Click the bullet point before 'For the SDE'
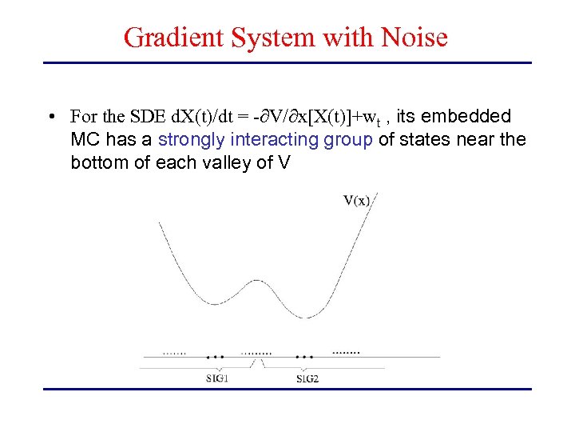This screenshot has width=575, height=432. coord(50,117)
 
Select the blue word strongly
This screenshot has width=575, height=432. coord(192,140)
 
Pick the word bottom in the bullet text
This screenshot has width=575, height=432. coord(99,163)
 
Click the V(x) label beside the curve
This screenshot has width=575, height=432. coord(356,200)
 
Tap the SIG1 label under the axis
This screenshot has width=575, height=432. coord(216,378)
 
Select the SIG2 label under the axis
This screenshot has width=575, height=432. coord(307,378)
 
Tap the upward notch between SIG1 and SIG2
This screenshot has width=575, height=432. coord(258,363)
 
